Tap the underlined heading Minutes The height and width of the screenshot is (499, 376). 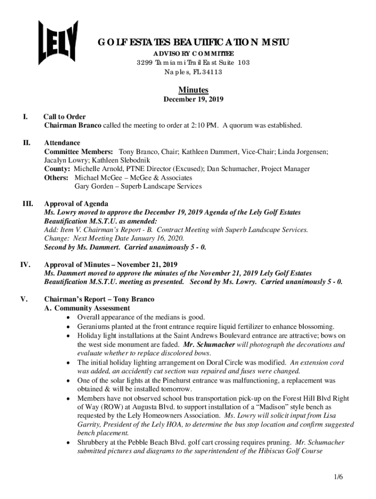tap(193, 90)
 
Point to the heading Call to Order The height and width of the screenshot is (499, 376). tap(64, 117)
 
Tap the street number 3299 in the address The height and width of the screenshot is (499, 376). tap(145, 62)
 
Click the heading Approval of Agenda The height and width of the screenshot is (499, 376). tap(76, 204)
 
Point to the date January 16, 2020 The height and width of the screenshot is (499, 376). tap(157, 239)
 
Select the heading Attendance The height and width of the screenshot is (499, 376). tap(62, 143)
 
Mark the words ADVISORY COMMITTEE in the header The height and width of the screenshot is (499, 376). tap(193, 53)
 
